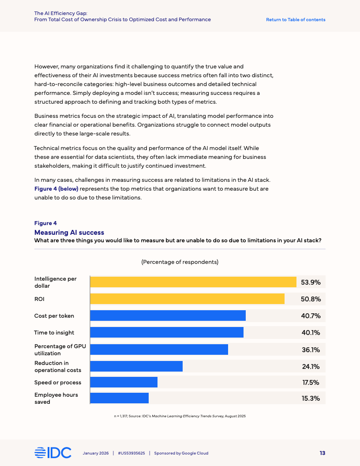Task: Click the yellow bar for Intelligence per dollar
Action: [193, 282]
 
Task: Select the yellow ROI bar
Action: [187, 299]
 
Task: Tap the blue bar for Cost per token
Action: [168, 316]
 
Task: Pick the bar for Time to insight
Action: [167, 332]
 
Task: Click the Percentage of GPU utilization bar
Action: [159, 349]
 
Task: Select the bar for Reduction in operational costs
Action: [136, 366]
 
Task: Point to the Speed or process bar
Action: [124, 382]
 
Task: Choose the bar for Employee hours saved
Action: [120, 398]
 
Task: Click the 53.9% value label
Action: [311, 282]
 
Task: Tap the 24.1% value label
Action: [311, 366]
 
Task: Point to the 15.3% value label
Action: [311, 398]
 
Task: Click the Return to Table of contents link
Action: [296, 19]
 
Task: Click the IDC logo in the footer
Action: [52, 453]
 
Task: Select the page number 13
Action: [322, 453]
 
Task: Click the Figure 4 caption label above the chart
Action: [45, 223]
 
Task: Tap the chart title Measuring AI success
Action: [69, 233]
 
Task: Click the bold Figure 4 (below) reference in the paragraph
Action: [56, 189]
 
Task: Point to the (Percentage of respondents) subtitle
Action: [180, 262]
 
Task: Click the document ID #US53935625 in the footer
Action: [131, 453]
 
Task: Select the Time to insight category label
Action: [54, 332]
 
